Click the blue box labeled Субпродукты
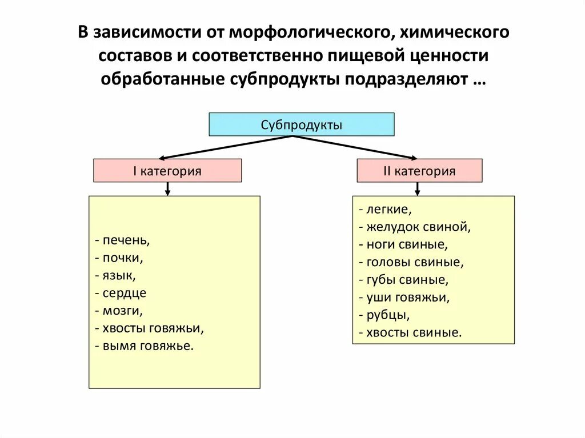tap(301, 124)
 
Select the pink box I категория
tap(167, 171)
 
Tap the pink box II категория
tap(419, 171)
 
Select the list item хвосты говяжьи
tap(150, 328)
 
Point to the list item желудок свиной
tap(415, 227)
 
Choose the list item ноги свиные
tap(404, 245)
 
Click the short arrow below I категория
tap(167, 189)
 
